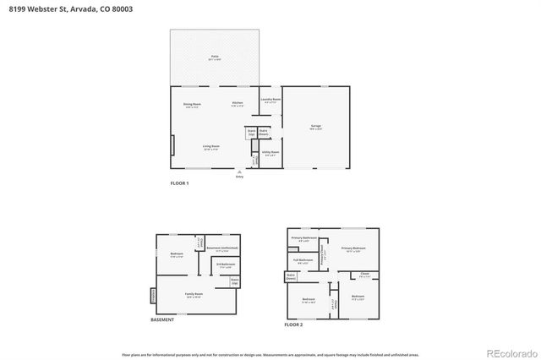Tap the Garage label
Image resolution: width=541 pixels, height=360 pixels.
(x=315, y=127)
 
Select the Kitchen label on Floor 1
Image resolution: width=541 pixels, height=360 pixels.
(x=238, y=105)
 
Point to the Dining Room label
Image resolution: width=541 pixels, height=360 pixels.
(x=192, y=105)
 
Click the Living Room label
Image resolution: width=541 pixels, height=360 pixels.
(x=210, y=147)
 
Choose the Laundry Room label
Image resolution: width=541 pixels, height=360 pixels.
(x=270, y=101)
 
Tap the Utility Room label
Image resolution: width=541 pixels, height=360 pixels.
(x=270, y=154)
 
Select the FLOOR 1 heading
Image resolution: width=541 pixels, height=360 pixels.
(x=180, y=183)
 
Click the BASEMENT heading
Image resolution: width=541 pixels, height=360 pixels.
(x=162, y=319)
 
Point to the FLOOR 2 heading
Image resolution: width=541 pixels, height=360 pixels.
(x=293, y=325)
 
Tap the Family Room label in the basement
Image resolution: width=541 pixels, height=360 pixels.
(x=194, y=295)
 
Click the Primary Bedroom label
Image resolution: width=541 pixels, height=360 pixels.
(x=352, y=248)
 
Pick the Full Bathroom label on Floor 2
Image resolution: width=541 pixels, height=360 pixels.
(x=303, y=260)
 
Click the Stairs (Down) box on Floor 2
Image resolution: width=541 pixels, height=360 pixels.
(x=290, y=276)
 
